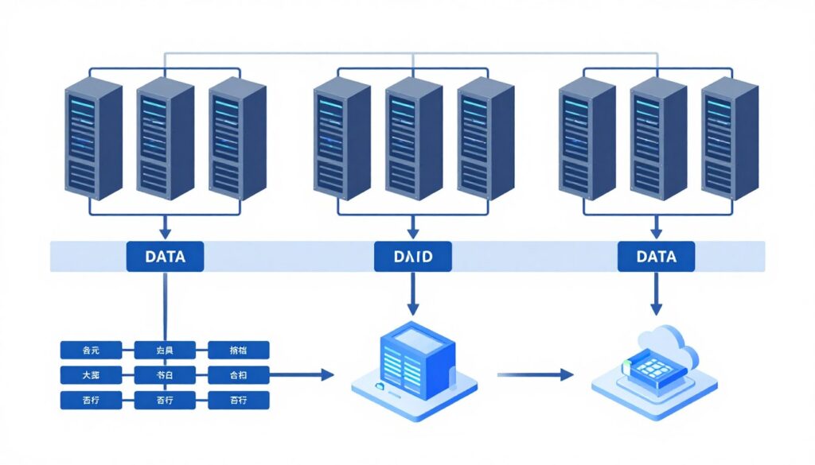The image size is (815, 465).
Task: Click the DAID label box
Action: (413, 257)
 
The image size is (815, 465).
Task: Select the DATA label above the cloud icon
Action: (657, 257)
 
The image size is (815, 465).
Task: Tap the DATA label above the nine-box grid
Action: (166, 257)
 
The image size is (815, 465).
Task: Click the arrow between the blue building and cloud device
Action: (534, 374)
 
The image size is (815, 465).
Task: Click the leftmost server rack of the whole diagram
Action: (92, 138)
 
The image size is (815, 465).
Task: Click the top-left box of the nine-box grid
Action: (92, 350)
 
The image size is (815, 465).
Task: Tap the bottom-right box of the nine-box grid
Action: (239, 400)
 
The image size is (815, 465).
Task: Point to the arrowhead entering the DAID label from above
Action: (413, 233)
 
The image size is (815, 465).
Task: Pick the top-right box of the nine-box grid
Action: (239, 350)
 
